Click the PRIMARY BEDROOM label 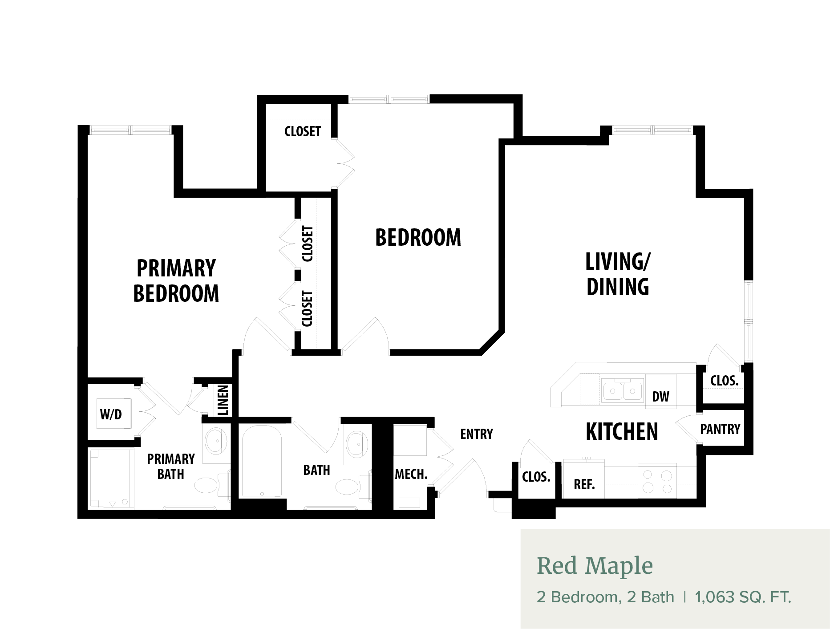click(176, 280)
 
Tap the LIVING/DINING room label click(618, 274)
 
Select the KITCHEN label click(622, 431)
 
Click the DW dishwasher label click(660, 397)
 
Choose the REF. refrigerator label click(584, 484)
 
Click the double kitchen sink click(623, 391)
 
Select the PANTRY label click(720, 429)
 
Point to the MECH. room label click(411, 474)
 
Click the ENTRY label click(477, 434)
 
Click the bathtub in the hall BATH click(261, 461)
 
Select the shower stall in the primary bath click(112, 478)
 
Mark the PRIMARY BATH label click(171, 467)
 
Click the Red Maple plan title click(595, 566)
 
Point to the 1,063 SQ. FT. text click(743, 597)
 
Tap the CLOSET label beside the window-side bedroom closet click(303, 131)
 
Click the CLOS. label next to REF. click(536, 477)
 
